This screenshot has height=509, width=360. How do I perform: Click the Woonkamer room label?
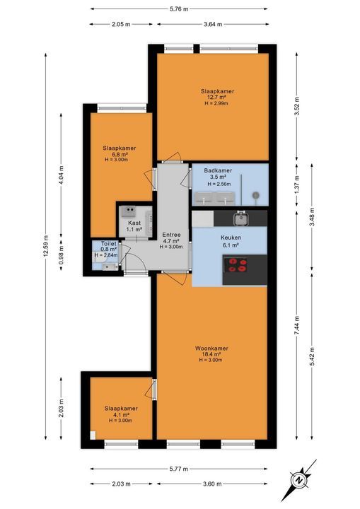click(x=211, y=349)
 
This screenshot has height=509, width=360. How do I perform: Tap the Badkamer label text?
click(x=218, y=170)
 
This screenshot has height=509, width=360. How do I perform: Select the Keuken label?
click(x=231, y=238)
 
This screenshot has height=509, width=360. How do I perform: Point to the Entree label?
click(x=171, y=235)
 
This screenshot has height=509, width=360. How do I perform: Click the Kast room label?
click(x=134, y=223)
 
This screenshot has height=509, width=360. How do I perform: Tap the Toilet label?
click(x=108, y=243)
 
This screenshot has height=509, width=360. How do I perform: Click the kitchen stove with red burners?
click(x=238, y=265)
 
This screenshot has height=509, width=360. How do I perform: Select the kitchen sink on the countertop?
click(x=241, y=218)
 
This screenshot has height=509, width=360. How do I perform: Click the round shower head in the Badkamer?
click(x=256, y=195)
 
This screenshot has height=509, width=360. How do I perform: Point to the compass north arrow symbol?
click(x=298, y=480)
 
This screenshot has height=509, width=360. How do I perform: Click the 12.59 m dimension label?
click(x=45, y=246)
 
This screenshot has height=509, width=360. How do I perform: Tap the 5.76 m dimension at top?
click(x=179, y=9)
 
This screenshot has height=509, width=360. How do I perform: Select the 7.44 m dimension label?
click(x=296, y=327)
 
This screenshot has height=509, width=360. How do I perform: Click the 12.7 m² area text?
click(x=217, y=97)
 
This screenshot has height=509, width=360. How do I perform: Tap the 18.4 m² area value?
click(x=211, y=354)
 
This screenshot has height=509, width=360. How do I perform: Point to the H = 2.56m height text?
click(x=219, y=184)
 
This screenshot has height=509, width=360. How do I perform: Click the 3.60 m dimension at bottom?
click(x=212, y=484)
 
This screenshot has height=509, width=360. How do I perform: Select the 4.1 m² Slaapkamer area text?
click(x=121, y=414)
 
